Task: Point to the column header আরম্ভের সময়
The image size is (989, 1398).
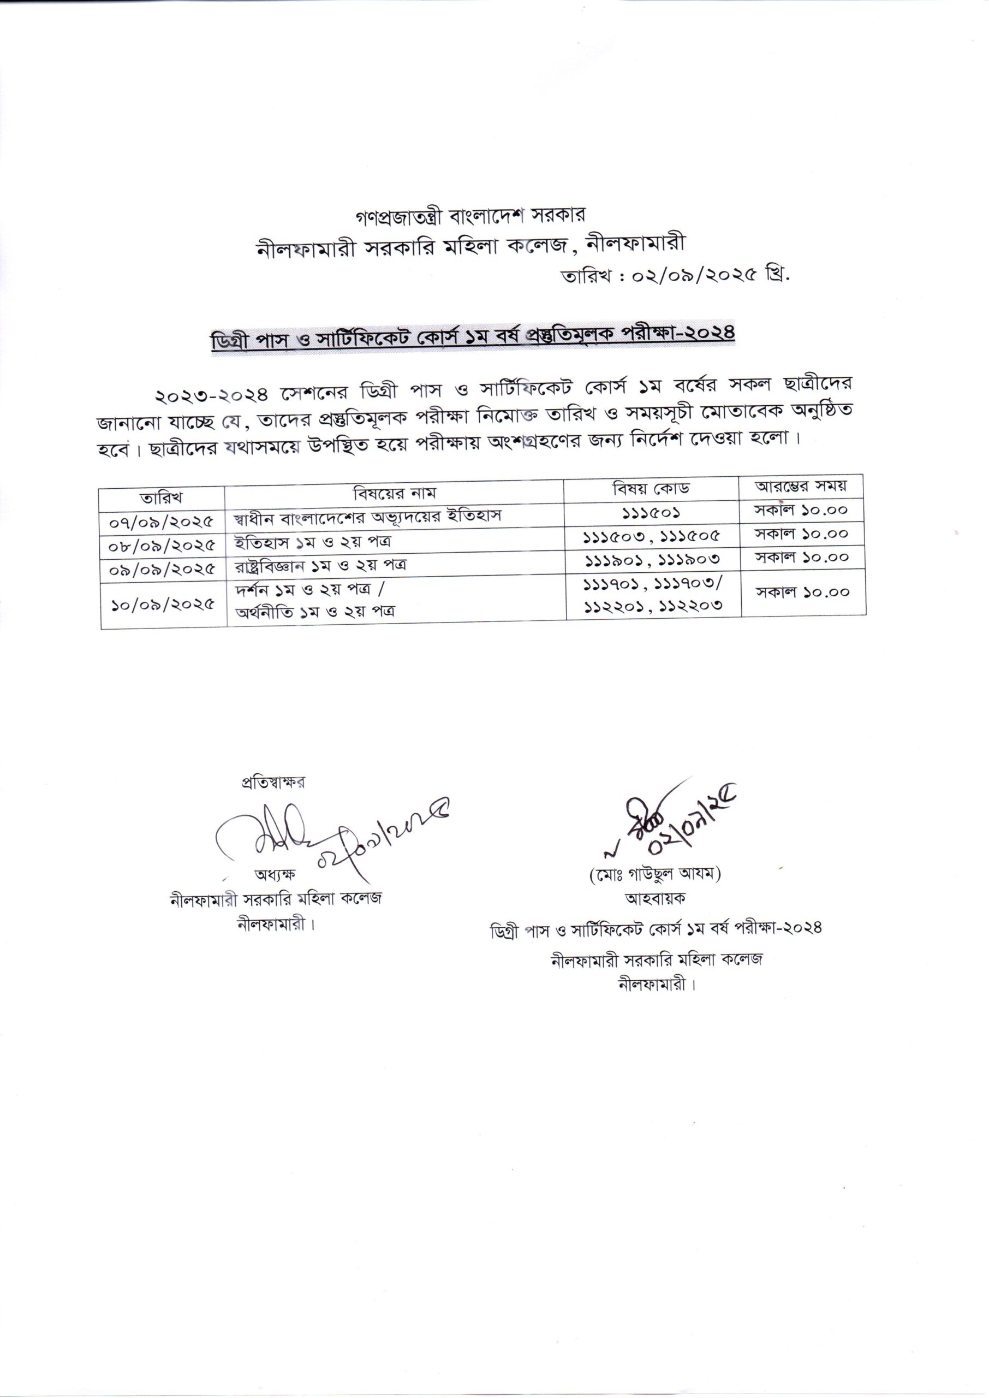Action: [801, 487]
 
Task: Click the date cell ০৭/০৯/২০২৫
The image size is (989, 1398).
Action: [162, 522]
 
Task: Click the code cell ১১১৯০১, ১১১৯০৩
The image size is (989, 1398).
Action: [653, 559]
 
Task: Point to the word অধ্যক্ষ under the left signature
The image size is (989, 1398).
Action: [275, 874]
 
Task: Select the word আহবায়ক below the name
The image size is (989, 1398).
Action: [654, 898]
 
